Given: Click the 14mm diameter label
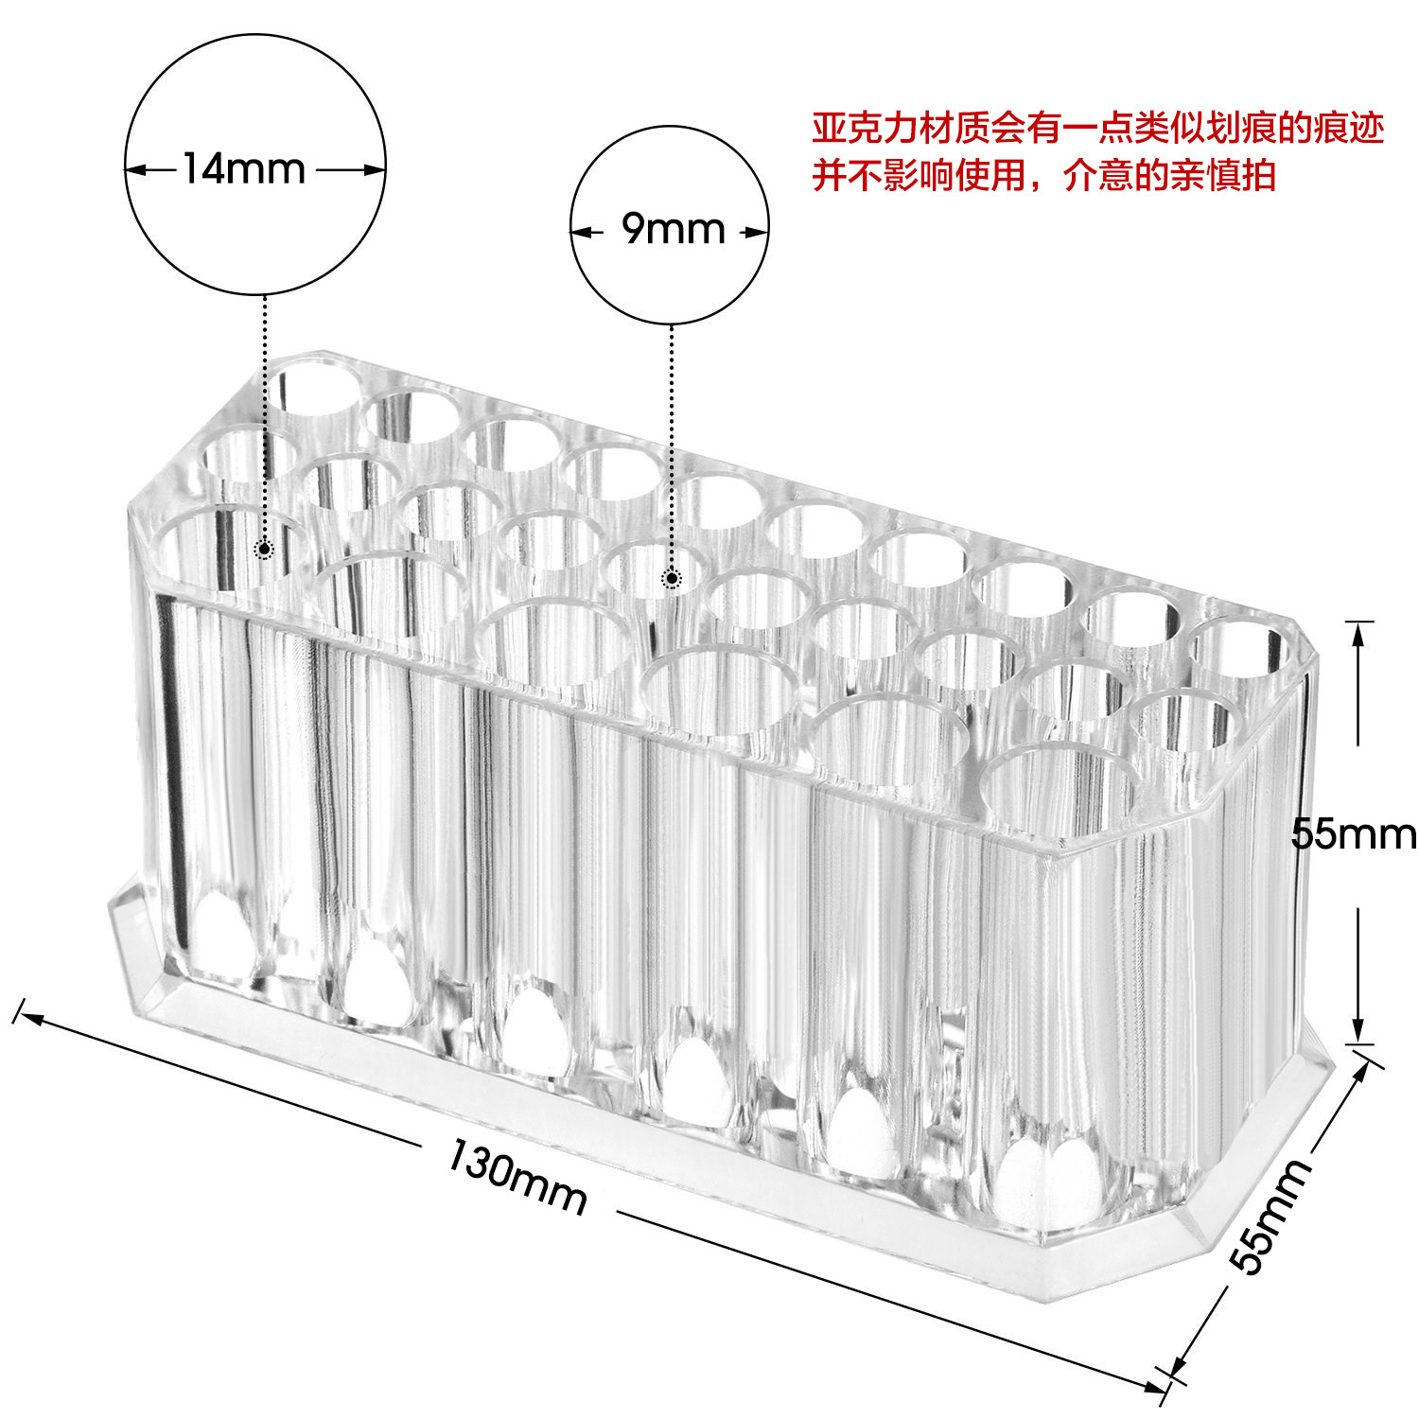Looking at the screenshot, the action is pyautogui.click(x=243, y=169).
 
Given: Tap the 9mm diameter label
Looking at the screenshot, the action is pyautogui.click(x=673, y=229).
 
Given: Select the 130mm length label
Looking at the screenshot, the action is pyautogui.click(x=517, y=1178).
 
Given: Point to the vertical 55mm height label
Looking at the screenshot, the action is pyautogui.click(x=1353, y=834).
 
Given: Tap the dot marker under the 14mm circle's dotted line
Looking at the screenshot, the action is pyautogui.click(x=265, y=549).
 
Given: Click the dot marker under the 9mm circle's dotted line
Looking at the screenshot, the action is pyautogui.click(x=672, y=578).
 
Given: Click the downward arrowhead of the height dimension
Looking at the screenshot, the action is pyautogui.click(x=1358, y=1032).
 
